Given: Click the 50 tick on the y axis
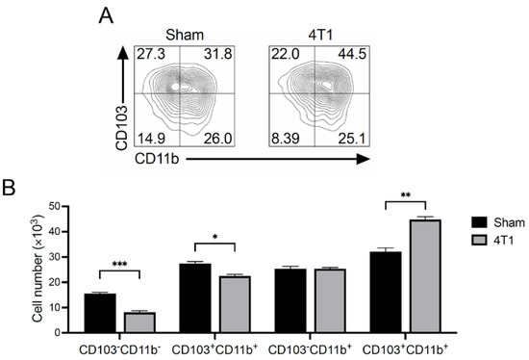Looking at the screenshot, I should [59, 207].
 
